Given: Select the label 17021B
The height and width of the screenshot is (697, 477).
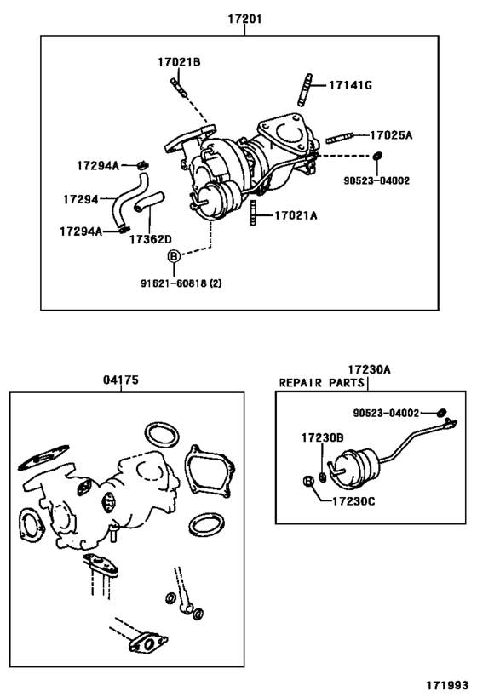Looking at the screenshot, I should click(178, 61).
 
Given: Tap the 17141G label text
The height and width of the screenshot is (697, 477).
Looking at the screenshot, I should click(352, 85).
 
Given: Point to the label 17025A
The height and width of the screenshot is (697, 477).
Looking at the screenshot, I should click(391, 134).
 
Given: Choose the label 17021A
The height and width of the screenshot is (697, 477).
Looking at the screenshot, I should click(296, 216).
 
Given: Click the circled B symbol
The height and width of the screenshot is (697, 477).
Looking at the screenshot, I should click(173, 256).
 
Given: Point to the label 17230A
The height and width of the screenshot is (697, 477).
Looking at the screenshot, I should click(368, 369).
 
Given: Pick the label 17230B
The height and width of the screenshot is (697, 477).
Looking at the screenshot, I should click(321, 437).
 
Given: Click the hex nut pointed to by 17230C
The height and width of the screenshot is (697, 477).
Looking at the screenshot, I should click(311, 483).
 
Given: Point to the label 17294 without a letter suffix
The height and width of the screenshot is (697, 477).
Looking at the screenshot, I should click(82, 198).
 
